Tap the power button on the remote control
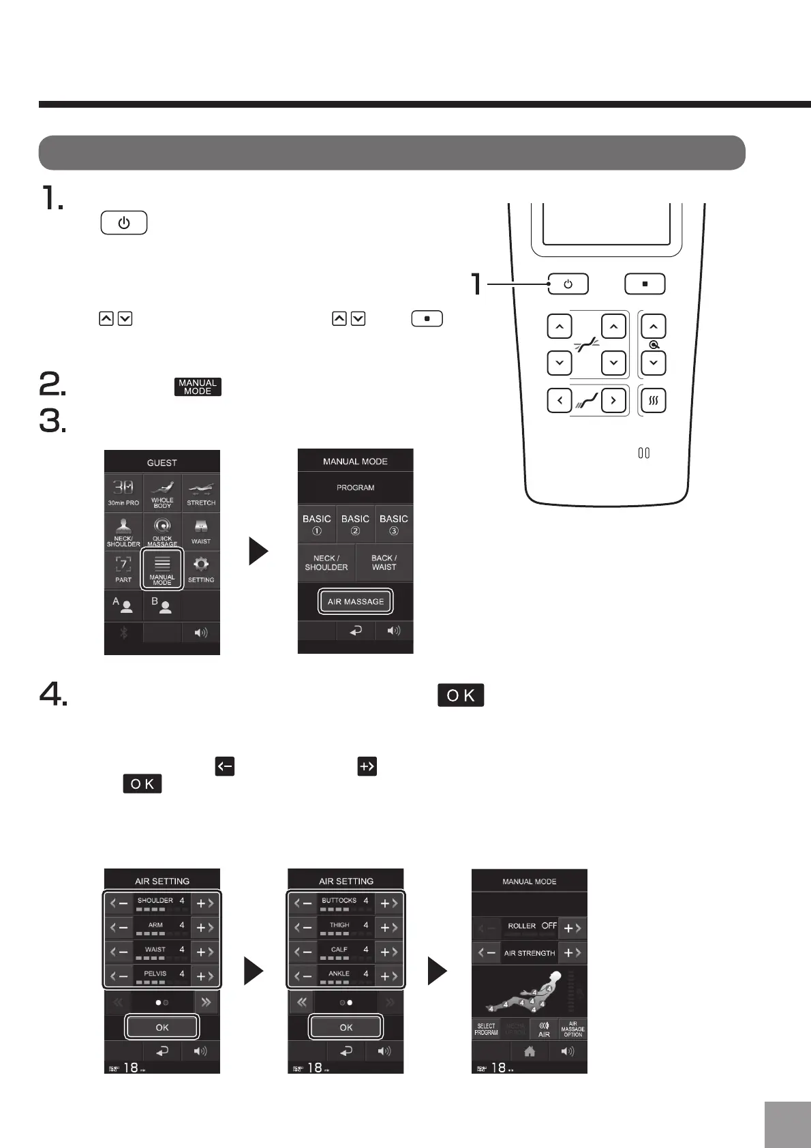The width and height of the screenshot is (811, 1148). tap(568, 284)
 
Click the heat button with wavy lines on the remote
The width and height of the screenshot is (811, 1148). tap(653, 401)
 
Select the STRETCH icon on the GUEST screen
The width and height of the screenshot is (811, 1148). tap(201, 493)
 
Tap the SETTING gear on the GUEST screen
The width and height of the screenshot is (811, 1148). tap(201, 569)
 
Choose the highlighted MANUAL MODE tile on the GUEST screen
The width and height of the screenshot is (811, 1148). tap(162, 569)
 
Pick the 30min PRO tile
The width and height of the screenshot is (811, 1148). tap(123, 493)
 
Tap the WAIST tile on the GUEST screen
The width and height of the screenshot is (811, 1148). tap(201, 531)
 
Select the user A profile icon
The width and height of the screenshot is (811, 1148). tap(123, 605)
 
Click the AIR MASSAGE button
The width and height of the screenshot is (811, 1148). tap(355, 601)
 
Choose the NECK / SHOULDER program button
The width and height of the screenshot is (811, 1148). tap(326, 562)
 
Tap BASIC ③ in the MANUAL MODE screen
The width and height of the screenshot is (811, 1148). tap(394, 524)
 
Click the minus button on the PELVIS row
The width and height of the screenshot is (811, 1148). tap(120, 976)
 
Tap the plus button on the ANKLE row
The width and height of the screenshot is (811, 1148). tap(388, 976)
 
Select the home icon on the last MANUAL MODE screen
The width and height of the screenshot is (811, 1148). tap(529, 1051)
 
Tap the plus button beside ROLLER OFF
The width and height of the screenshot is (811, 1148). tap(572, 928)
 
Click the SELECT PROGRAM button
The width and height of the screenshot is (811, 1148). tap(486, 1029)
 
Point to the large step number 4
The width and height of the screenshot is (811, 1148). tap(53, 695)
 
